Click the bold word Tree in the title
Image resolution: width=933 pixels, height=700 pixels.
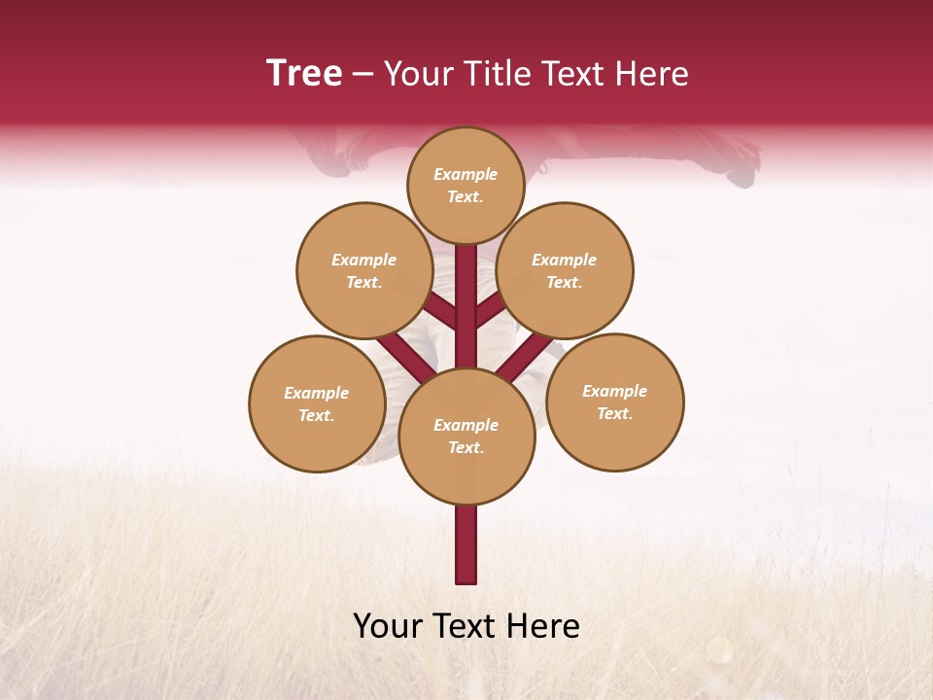(304, 73)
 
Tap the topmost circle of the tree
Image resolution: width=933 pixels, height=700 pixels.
(466, 185)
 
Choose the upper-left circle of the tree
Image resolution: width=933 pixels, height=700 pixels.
(364, 270)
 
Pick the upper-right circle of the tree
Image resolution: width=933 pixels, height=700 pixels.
(565, 270)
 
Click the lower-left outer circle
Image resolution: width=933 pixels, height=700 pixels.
(317, 403)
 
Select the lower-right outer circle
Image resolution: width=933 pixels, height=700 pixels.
(614, 402)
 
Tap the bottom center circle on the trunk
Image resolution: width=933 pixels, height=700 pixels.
(466, 436)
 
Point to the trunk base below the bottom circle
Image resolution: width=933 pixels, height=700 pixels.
(466, 544)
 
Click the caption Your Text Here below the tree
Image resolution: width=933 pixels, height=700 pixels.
(466, 626)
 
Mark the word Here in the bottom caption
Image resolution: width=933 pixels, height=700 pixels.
(544, 626)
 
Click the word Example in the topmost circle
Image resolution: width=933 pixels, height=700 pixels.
(466, 174)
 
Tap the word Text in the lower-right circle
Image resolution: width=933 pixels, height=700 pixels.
(613, 413)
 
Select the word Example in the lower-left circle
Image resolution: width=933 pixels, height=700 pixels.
(317, 393)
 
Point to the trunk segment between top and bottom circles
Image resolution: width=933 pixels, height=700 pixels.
(466, 311)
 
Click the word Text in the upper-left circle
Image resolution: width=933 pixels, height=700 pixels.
(363, 282)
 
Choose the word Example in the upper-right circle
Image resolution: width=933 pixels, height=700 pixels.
(565, 260)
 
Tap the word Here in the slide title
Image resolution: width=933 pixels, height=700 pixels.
(651, 73)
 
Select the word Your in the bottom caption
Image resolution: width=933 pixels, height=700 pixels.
(388, 626)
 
